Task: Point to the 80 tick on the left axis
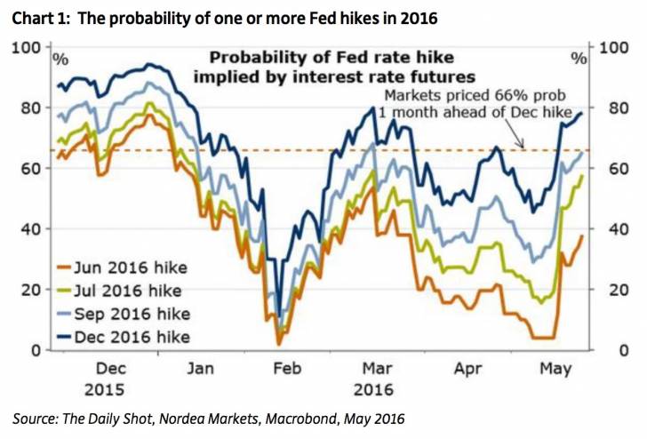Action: point(31,108)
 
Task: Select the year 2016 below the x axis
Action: point(374,388)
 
